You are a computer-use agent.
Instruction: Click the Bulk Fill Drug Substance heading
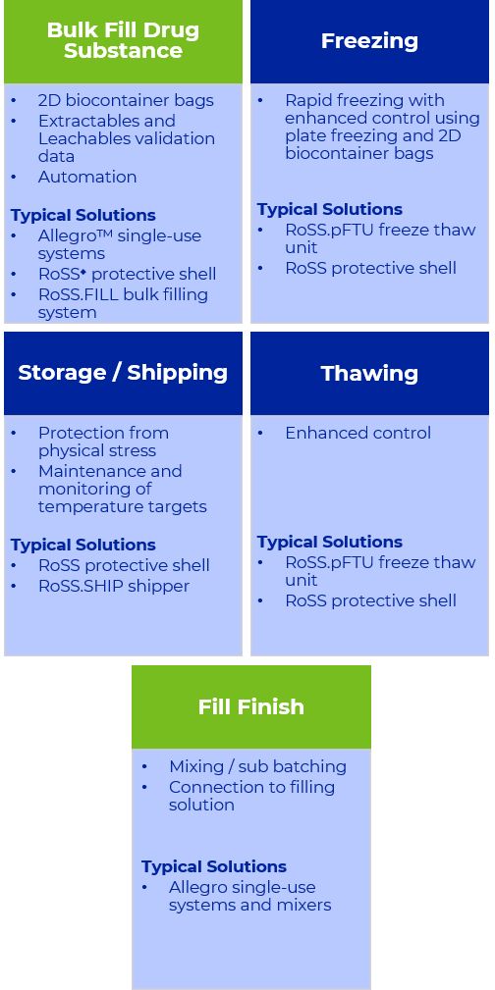coord(123,40)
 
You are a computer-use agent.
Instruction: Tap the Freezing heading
coord(369,41)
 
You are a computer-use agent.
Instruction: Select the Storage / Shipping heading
coord(123,373)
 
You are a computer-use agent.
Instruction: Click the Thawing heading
coord(369,373)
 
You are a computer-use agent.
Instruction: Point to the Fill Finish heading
coord(251,706)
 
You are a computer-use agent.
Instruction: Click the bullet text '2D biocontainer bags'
coord(126,100)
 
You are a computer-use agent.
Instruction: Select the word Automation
coord(87,177)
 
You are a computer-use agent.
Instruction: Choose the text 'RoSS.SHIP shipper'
coord(114,586)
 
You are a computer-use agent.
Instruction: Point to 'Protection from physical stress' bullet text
coord(103,442)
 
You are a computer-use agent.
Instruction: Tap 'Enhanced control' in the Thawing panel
coord(357,433)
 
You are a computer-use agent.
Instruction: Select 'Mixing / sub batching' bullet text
coord(257,766)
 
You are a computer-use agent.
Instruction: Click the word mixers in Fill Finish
coord(302,905)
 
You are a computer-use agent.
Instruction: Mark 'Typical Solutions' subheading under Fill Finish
coord(214,866)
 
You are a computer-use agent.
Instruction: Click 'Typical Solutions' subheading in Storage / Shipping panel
coord(82,545)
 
